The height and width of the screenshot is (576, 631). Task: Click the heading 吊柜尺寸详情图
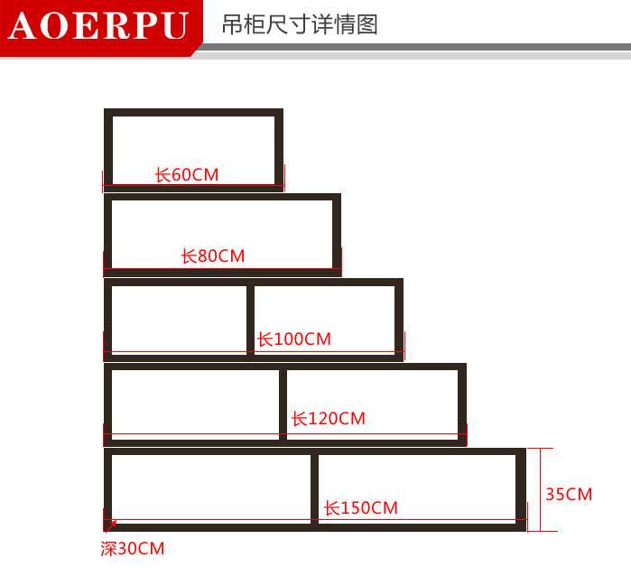300,24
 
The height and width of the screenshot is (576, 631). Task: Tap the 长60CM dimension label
187,174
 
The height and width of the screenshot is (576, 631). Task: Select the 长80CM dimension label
213,256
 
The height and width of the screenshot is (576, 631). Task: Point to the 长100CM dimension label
294,339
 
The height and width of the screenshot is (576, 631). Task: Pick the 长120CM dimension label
329,419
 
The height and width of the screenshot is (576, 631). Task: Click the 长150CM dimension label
361,508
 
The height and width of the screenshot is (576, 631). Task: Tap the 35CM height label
569,494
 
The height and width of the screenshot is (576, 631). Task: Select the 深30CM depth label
133,549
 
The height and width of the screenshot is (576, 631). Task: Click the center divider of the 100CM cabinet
250,320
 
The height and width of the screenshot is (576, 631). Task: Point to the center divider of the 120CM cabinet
283,404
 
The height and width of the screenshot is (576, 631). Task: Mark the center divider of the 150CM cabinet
314,488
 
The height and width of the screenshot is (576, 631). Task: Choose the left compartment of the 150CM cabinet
211,488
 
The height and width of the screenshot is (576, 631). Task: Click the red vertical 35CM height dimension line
539,488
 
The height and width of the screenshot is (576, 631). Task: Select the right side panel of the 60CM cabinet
279,149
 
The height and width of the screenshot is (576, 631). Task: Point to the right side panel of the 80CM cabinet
337,233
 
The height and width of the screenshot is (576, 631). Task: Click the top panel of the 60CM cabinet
193,113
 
